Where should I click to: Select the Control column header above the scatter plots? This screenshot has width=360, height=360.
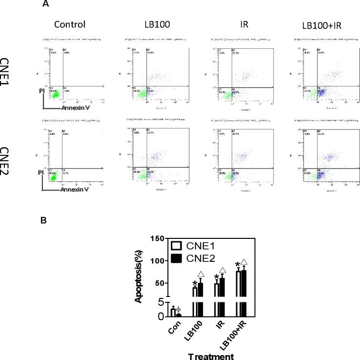click(70, 24)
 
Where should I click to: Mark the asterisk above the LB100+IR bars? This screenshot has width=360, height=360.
click(238, 265)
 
